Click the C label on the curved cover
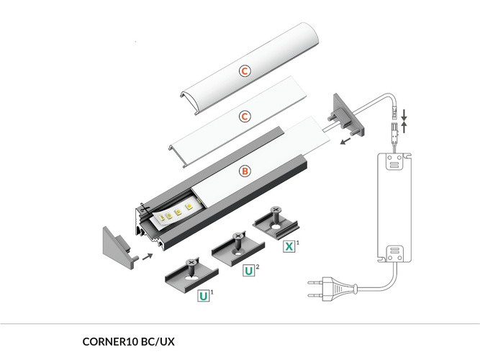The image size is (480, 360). [x=245, y=71]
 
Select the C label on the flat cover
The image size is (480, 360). [x=245, y=116]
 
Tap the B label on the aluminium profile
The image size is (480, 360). [x=245, y=171]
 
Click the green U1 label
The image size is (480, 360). [x=204, y=296]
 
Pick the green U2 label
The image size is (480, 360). [x=248, y=271]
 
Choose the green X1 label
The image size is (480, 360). [x=289, y=246]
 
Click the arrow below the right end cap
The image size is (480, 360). [x=347, y=142]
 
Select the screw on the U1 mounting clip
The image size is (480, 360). [x=191, y=264]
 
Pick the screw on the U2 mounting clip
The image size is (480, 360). [x=237, y=238]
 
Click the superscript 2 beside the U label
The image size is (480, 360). [x=258, y=267]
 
